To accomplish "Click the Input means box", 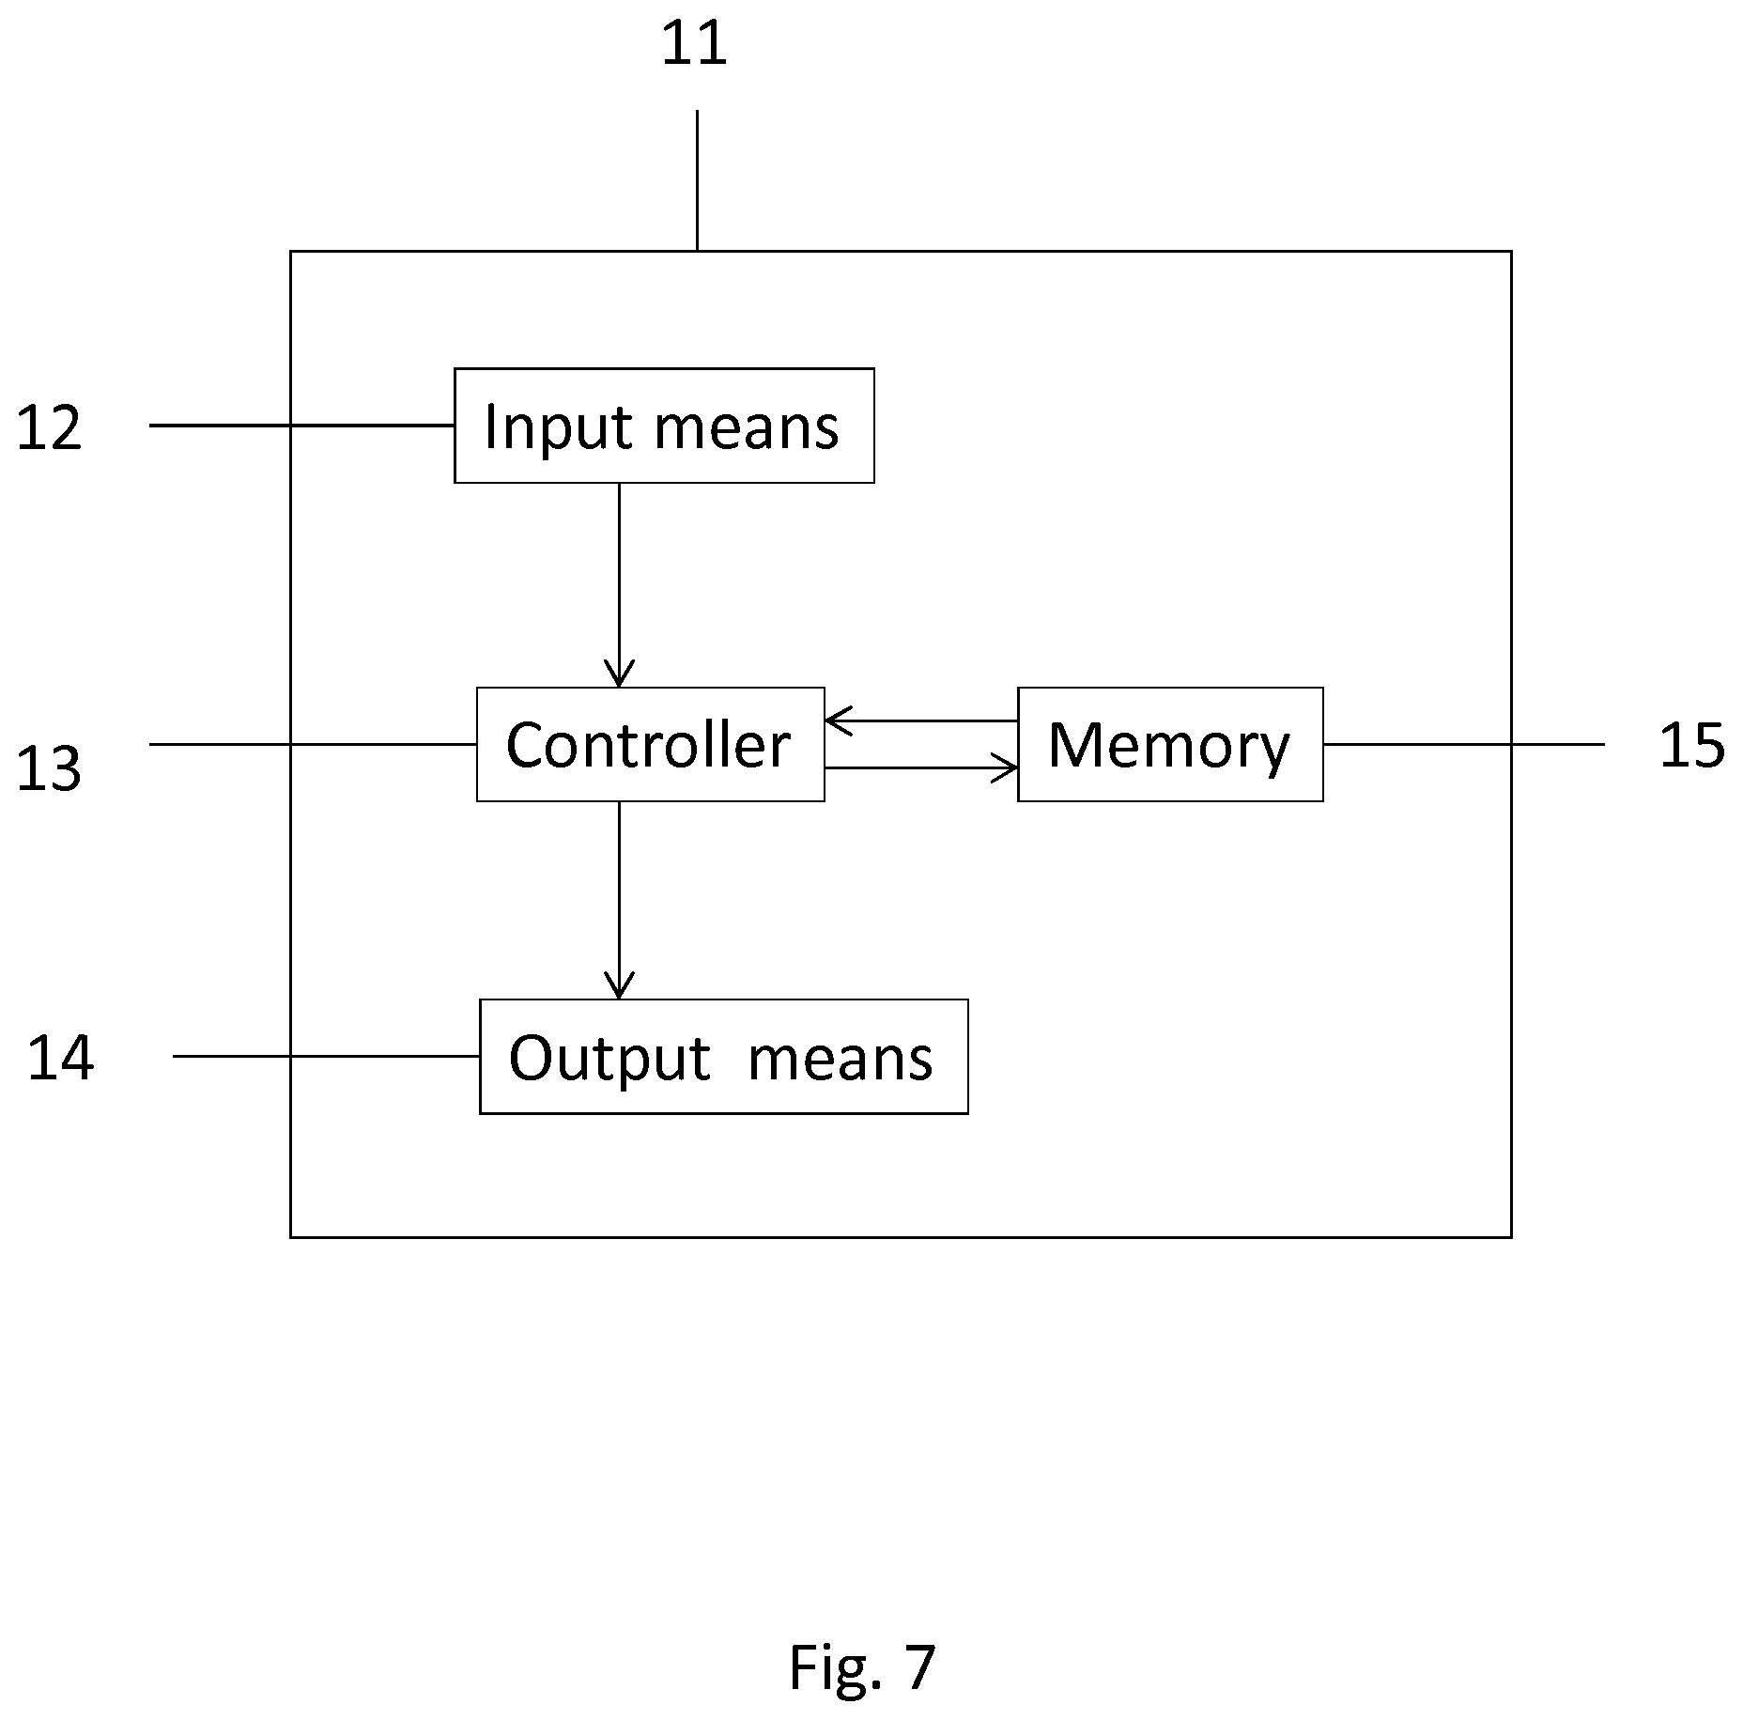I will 664,426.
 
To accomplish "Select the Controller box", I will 650,744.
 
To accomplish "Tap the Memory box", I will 1170,744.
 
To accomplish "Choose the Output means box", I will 723,1057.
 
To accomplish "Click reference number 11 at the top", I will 695,44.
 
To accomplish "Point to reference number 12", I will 50,428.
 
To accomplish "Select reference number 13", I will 50,767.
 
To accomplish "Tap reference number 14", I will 61,1058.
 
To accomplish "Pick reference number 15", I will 1691,747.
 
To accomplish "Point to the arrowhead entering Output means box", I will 619,988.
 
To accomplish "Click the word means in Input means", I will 747,427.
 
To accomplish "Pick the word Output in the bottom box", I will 609,1059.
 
